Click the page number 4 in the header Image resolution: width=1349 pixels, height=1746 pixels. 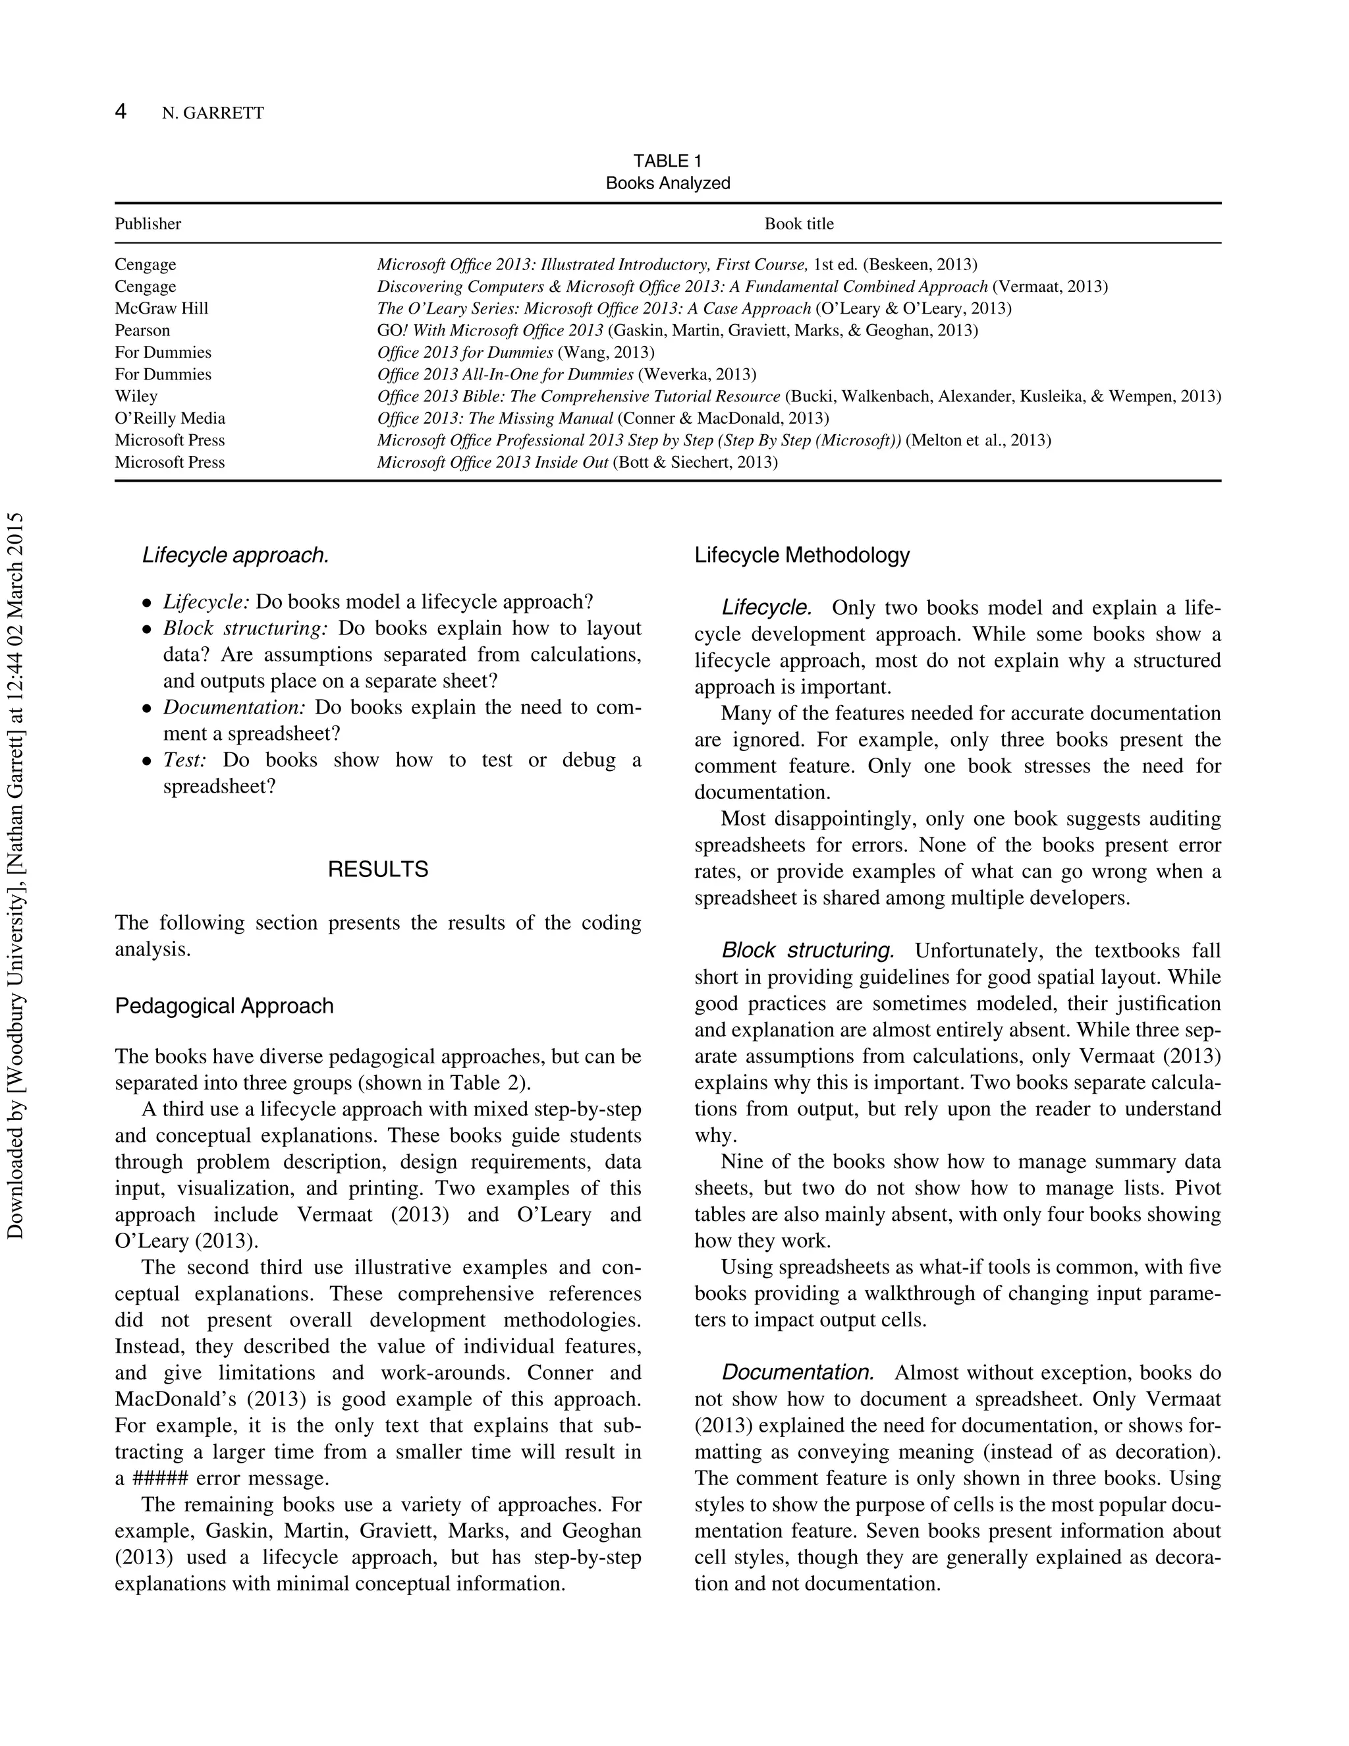click(x=121, y=111)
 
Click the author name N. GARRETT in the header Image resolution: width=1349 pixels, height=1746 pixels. click(x=213, y=113)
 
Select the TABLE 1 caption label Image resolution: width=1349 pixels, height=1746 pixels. click(x=667, y=161)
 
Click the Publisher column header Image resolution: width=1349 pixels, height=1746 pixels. click(x=148, y=224)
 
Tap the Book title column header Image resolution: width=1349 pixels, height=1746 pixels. click(x=798, y=224)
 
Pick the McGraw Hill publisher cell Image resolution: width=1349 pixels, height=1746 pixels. click(x=161, y=308)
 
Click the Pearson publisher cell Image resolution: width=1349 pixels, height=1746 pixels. click(x=142, y=330)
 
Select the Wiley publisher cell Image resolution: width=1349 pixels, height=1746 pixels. click(x=136, y=397)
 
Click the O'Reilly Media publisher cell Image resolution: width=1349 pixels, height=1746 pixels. click(x=170, y=418)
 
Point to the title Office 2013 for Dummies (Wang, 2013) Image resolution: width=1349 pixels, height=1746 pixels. click(x=516, y=352)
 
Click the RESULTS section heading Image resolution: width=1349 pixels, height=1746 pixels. click(x=378, y=870)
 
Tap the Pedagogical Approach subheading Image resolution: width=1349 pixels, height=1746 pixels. click(x=224, y=1005)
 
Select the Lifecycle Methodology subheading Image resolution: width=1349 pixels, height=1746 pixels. click(x=802, y=555)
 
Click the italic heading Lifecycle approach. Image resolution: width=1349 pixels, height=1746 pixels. click(x=236, y=555)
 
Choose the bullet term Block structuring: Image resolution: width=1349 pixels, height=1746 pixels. click(x=245, y=629)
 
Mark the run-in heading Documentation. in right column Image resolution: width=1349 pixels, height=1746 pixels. click(x=797, y=1372)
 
